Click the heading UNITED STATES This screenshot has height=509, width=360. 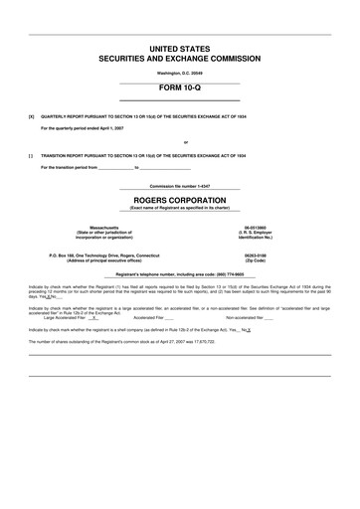coord(179,48)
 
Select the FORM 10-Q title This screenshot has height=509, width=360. coord(179,87)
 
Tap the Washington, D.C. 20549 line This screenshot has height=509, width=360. coord(179,73)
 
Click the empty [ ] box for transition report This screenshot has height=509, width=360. coord(32,155)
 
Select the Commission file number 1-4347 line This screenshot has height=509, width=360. coord(179,186)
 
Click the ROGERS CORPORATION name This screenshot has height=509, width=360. coord(179,199)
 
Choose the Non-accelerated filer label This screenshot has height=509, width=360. coord(248,318)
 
